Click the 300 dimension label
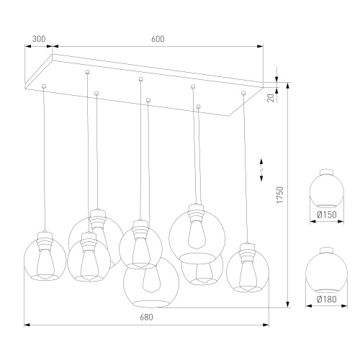(x=39, y=39)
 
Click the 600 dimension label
(x=158, y=39)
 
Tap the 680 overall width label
(x=146, y=318)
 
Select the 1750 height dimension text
(x=280, y=195)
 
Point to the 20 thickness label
(x=271, y=98)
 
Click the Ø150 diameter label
(x=327, y=215)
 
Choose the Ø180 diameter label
(x=327, y=300)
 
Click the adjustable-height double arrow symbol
(x=261, y=169)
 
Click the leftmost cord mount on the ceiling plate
(x=44, y=86)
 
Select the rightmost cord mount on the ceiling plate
(x=243, y=93)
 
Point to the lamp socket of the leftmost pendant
(x=45, y=240)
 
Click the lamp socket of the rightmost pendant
(x=247, y=252)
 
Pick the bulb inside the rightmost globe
(x=248, y=276)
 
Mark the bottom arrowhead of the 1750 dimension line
(x=287, y=305)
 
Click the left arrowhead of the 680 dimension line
(x=27, y=325)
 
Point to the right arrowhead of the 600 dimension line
(x=260, y=46)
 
